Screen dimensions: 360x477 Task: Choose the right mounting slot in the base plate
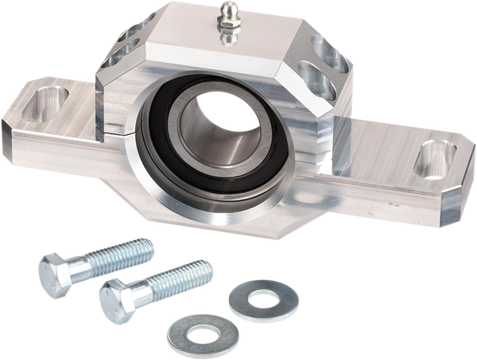pos(433,159)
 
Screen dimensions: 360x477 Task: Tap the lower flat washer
pos(202,333)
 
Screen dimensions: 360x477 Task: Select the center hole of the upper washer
pos(263,299)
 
